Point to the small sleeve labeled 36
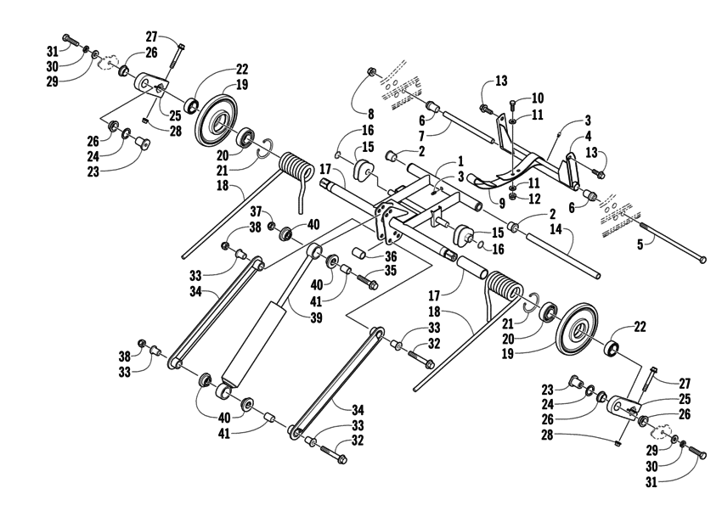361,255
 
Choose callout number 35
390,272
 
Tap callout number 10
537,98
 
